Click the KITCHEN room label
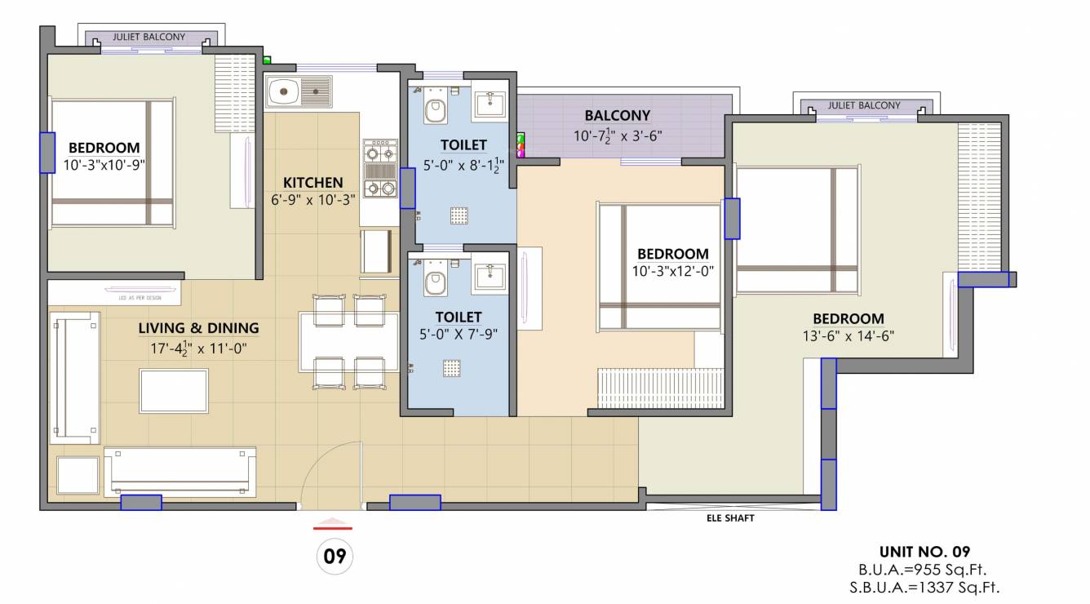point(312,182)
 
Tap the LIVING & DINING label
point(198,328)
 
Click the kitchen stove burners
point(380,170)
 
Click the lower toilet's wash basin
point(490,271)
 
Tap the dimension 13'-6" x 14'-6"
point(849,336)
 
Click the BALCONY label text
point(617,116)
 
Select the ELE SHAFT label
point(730,517)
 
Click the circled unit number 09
point(334,557)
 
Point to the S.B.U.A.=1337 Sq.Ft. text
point(924,586)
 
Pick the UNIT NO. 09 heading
point(924,552)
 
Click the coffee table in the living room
point(174,390)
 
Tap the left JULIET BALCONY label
point(148,38)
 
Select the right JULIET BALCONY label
point(864,105)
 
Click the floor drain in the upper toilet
point(459,215)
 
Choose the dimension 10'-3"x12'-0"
point(673,272)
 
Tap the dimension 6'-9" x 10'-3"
point(312,199)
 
